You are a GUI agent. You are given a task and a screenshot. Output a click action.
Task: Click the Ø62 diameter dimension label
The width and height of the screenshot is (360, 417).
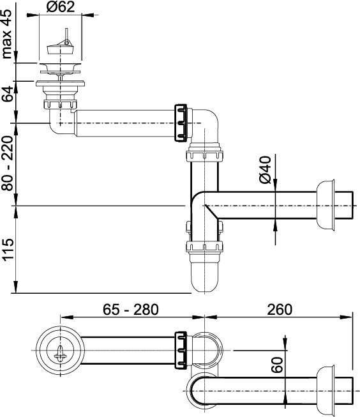point(61,7)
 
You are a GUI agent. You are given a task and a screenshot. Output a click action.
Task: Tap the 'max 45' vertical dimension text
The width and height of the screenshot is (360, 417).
point(7,34)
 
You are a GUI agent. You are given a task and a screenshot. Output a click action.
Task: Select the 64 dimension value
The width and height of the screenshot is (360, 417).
point(7,94)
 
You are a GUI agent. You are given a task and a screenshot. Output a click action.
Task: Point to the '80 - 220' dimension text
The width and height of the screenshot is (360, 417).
point(7,163)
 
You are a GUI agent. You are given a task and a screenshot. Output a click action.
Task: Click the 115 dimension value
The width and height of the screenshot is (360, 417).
point(7,249)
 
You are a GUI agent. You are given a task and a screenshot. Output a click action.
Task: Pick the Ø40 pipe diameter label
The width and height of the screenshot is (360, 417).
point(265,170)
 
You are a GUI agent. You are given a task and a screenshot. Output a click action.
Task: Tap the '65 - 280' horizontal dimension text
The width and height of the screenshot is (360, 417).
point(131,309)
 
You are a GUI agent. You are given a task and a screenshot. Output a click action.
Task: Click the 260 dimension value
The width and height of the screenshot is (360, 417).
point(280,309)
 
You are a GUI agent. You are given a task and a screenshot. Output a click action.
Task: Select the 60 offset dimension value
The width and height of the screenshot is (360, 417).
point(277,365)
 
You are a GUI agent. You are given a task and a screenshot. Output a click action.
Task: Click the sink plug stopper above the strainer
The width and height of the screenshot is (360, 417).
point(60,46)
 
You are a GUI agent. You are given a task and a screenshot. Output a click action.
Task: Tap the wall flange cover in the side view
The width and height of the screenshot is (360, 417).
point(326,205)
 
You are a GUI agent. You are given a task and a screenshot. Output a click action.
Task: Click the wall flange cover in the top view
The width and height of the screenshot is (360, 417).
point(326,391)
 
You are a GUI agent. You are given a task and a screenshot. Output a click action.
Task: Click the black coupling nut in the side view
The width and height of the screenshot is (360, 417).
point(181,123)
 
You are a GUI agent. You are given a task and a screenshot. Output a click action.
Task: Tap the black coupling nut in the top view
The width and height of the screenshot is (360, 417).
point(181,350)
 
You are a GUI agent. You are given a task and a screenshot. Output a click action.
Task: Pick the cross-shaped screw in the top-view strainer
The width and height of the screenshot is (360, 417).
point(60,354)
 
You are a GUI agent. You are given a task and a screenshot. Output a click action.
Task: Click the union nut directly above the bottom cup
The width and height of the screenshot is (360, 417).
point(204,246)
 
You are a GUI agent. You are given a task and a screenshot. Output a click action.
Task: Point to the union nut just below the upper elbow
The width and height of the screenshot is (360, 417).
point(204,156)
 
